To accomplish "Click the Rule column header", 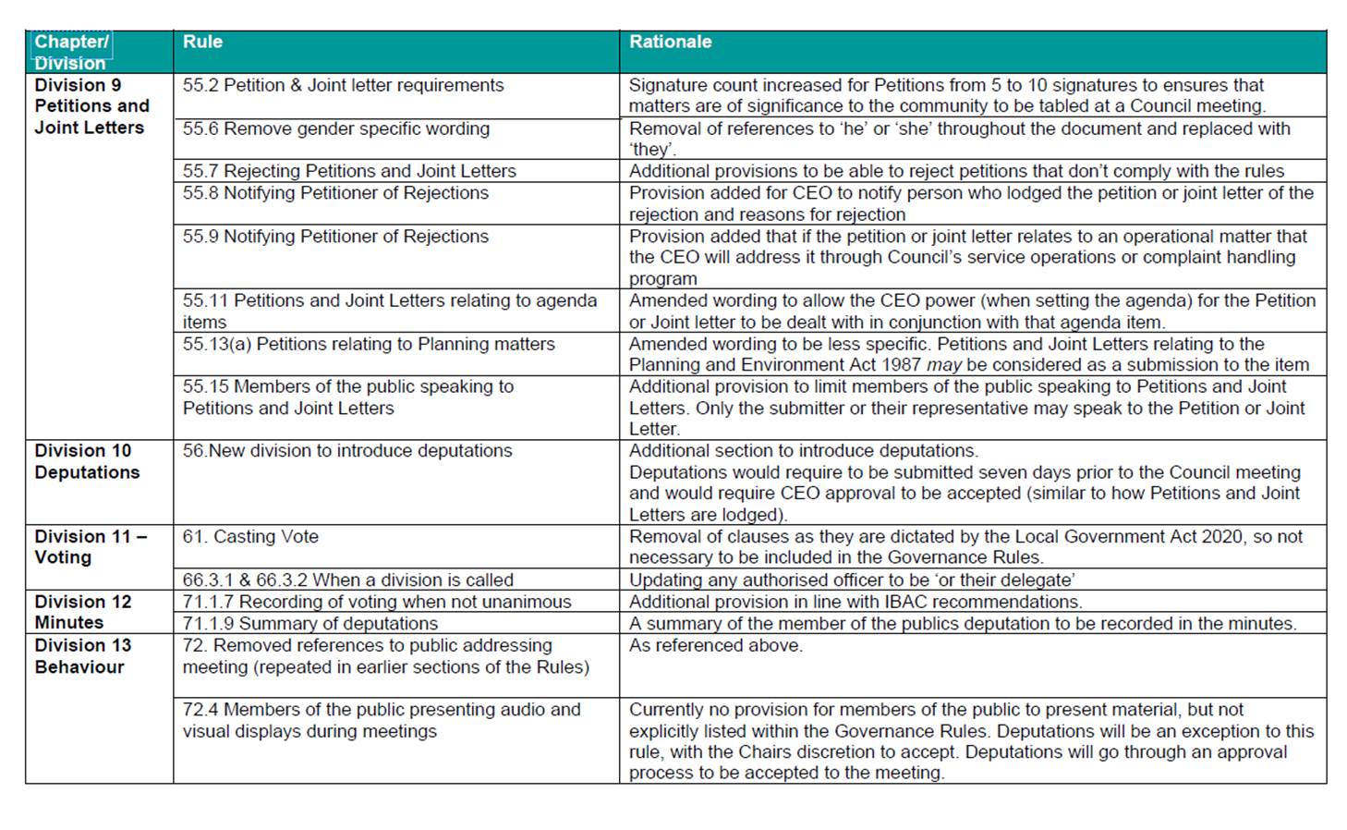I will coord(202,42).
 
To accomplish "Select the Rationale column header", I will coord(670,42).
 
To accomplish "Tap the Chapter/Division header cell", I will coord(71,52).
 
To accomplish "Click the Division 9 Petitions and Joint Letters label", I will coord(91,106).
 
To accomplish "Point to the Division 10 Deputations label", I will coord(87,461).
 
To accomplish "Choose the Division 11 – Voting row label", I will coord(90,546).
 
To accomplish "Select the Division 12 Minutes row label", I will coord(82,612).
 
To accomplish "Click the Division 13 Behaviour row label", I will coord(82,655).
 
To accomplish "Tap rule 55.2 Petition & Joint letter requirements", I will coord(343,85).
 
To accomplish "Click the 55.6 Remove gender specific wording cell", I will coord(335,128).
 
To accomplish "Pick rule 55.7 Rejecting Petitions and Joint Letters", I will coord(349,171).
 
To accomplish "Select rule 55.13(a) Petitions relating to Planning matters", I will coord(369,344).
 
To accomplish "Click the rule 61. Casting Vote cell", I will coord(250,536).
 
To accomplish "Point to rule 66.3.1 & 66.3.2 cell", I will coord(347,580).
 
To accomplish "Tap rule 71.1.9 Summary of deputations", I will coord(310,623).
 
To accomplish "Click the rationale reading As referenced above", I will coord(715,645).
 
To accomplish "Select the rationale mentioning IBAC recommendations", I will coord(855,602).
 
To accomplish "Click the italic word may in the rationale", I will coord(943,365).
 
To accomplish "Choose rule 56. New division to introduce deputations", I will coord(346,450).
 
